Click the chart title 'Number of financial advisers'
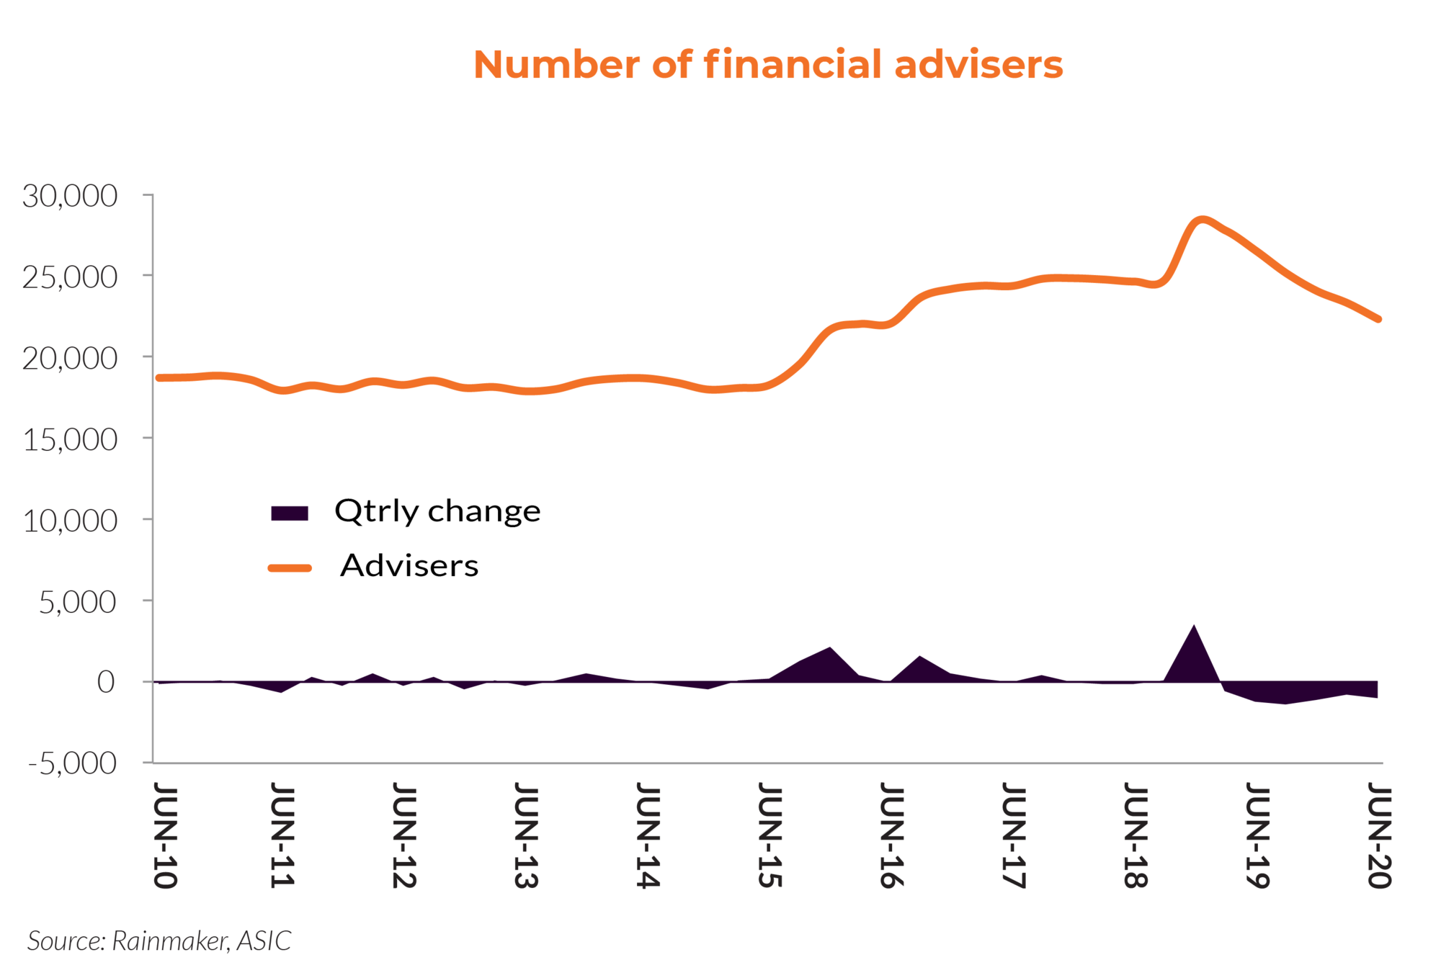[767, 65]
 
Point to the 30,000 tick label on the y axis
[70, 196]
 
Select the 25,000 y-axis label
[70, 277]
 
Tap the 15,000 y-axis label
[70, 439]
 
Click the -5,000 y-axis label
[72, 763]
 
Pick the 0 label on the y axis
[106, 682]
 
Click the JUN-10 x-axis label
[165, 835]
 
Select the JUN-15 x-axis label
[769, 835]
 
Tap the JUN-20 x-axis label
[1379, 835]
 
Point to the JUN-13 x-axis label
[526, 835]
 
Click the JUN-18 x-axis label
[1136, 835]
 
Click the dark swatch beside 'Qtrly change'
[290, 513]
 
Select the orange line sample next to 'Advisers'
[290, 567]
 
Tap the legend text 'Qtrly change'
[437, 511]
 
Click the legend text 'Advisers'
[409, 566]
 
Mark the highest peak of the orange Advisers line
[1201, 220]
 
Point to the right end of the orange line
[1378, 318]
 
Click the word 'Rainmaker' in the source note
[171, 941]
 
